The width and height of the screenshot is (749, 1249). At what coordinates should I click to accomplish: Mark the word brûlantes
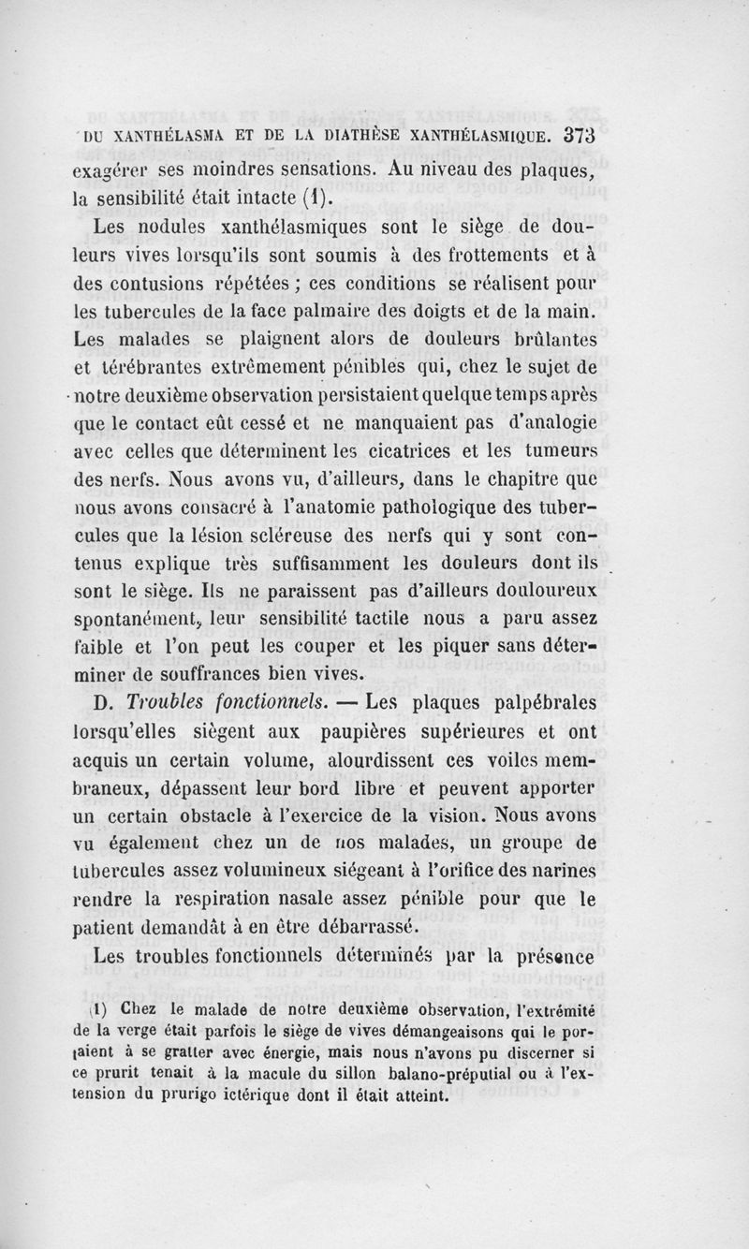(551, 337)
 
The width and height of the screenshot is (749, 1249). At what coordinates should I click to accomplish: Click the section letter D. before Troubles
(106, 701)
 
